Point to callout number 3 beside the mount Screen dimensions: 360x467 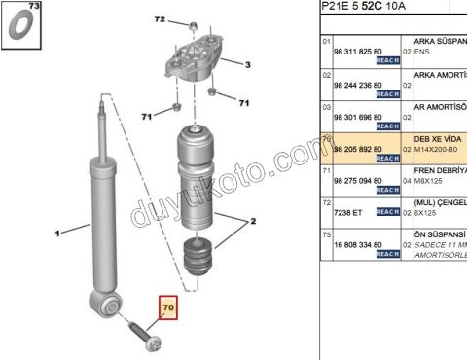247,65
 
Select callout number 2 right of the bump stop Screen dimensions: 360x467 253,222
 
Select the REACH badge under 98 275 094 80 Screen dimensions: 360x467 387,191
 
